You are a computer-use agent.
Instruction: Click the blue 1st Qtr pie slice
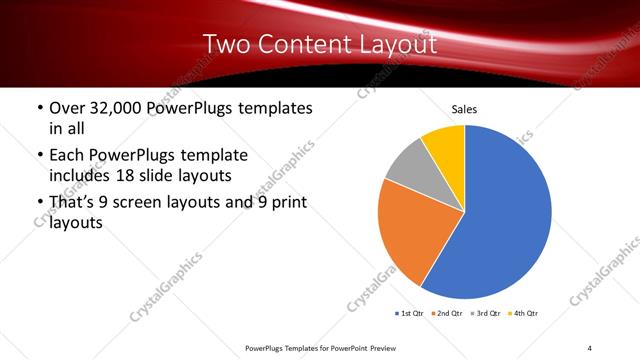510,220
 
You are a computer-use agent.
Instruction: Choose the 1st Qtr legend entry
410,314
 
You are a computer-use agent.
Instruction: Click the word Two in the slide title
224,44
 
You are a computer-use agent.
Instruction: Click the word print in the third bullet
288,203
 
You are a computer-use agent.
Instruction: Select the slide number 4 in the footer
590,346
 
